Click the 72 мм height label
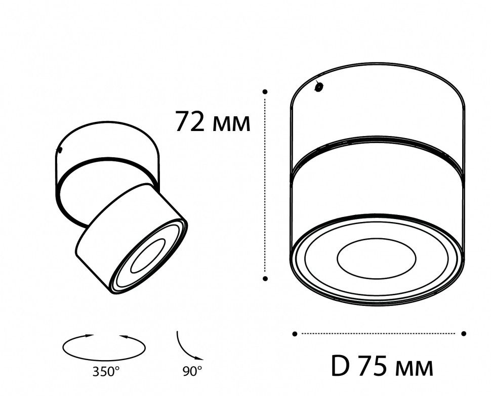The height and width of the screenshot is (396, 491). click(x=213, y=122)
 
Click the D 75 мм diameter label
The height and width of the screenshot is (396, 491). click(x=382, y=367)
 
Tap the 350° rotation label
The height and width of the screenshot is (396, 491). click(x=106, y=372)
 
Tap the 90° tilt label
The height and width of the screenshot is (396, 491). click(x=192, y=372)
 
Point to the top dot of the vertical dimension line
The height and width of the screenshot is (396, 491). click(x=265, y=92)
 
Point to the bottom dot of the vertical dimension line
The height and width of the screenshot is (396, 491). click(x=265, y=278)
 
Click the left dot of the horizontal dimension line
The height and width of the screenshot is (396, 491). click(x=295, y=333)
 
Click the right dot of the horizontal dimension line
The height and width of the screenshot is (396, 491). click(x=464, y=333)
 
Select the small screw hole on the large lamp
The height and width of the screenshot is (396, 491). click(x=319, y=87)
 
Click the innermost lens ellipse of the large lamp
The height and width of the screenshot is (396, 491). click(x=376, y=258)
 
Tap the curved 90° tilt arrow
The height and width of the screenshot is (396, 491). click(x=185, y=345)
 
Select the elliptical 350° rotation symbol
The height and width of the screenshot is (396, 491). click(x=104, y=347)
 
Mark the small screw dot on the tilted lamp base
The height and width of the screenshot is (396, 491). click(x=60, y=150)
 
